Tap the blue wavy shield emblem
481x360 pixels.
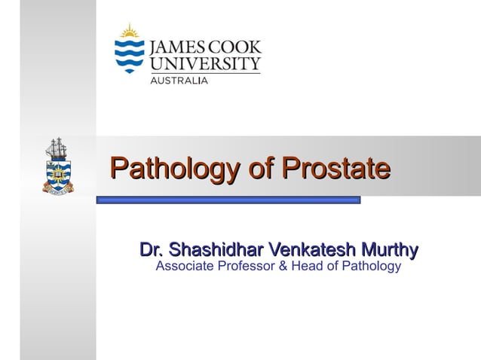click(x=129, y=54)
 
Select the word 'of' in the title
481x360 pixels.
click(x=260, y=167)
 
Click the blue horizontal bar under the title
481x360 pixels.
click(x=228, y=200)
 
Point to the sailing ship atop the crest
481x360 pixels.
click(x=57, y=148)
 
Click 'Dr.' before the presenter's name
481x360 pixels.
click(x=151, y=249)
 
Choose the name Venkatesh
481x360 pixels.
click(x=311, y=249)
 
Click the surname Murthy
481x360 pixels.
click(x=389, y=249)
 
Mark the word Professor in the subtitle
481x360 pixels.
click(x=247, y=266)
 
